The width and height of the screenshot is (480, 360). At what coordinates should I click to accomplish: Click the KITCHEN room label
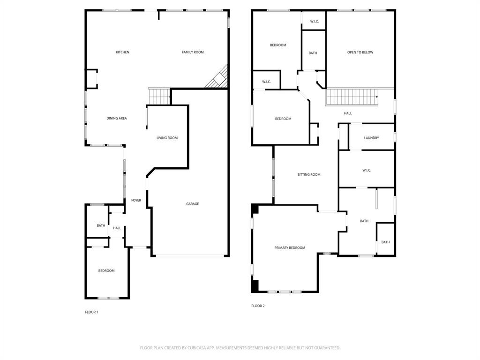(x=122, y=52)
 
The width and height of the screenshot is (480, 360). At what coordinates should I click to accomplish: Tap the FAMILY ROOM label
(x=193, y=52)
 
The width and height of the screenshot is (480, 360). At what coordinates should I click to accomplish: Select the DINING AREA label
(x=116, y=119)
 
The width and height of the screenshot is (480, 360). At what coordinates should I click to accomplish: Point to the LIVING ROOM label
(x=167, y=138)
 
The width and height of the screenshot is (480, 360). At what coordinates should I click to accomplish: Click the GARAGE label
(x=192, y=204)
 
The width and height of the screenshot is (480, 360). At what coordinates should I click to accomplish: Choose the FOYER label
(x=136, y=201)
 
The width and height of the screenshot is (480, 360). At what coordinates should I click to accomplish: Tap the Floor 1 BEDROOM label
(x=106, y=270)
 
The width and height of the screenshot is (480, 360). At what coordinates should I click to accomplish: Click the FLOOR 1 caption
(x=91, y=312)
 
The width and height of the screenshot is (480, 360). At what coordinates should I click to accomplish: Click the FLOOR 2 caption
(x=258, y=306)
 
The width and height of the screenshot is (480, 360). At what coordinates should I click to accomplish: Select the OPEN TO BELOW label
(x=360, y=52)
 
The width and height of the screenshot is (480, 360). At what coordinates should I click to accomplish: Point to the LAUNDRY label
(x=371, y=138)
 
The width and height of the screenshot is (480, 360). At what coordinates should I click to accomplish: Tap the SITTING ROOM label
(x=309, y=174)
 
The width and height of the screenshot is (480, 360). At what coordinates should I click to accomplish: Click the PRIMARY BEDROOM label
(x=290, y=247)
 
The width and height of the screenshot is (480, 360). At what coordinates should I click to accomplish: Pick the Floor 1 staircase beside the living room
(x=159, y=97)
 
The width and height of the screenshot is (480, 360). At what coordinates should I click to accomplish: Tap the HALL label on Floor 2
(x=348, y=113)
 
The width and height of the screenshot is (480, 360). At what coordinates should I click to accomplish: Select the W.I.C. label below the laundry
(x=367, y=170)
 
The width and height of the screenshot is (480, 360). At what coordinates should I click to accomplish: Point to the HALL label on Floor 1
(x=117, y=228)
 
